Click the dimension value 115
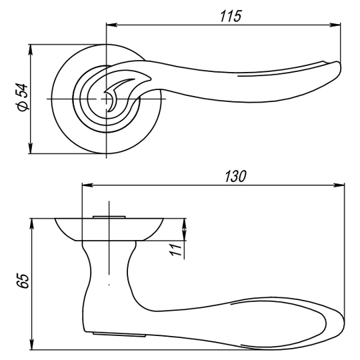click(231, 16)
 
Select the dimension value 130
click(235, 176)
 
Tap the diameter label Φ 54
click(22, 97)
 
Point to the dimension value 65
click(23, 281)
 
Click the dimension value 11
click(175, 249)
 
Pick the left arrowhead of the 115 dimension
click(111, 25)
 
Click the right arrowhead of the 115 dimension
click(335, 25)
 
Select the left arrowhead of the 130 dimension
click(87, 185)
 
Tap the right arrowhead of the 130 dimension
click(339, 185)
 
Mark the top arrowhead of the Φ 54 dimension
click(31, 50)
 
